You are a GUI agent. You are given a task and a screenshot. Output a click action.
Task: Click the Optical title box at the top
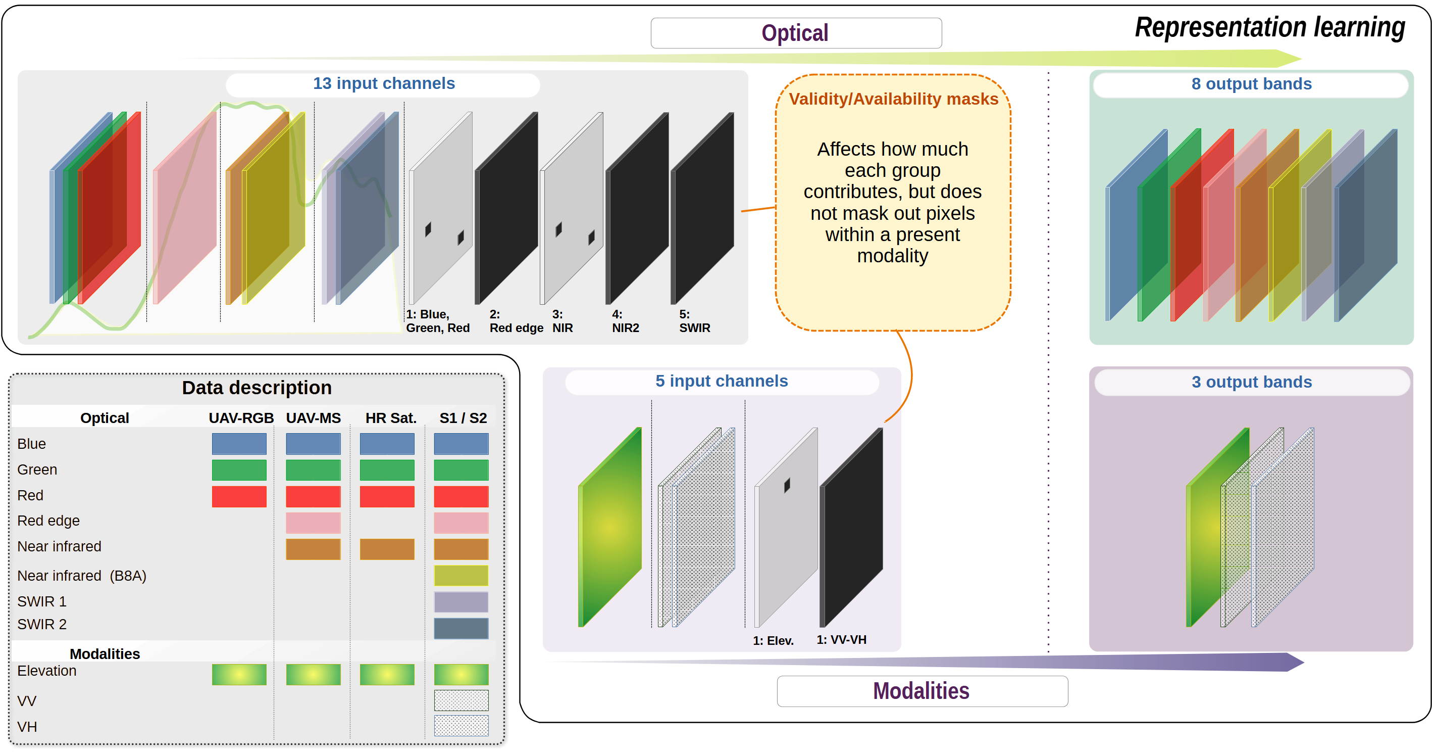(x=796, y=33)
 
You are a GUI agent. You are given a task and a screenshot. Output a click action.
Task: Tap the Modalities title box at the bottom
(x=922, y=691)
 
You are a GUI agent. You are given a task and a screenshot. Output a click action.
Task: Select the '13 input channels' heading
(x=384, y=83)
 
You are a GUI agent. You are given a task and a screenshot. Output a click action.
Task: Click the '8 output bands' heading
(x=1251, y=84)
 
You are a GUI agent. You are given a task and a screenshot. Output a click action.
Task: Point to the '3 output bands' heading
(x=1251, y=382)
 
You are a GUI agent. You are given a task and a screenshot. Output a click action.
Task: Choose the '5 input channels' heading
(x=722, y=381)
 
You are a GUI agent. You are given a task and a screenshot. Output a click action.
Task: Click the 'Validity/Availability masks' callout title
(x=893, y=99)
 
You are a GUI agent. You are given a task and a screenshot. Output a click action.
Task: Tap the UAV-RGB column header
(x=241, y=418)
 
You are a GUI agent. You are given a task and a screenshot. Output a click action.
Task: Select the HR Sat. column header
(x=391, y=418)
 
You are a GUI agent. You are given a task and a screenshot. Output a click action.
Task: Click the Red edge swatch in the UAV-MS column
(x=313, y=523)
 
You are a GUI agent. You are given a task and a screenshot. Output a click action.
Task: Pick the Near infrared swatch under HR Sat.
(x=387, y=549)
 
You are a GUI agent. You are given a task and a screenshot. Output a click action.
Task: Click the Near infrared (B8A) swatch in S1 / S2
(x=462, y=576)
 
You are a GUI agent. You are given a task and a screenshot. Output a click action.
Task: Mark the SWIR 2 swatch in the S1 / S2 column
(x=462, y=629)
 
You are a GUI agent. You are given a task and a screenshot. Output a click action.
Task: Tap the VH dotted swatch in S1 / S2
(x=462, y=726)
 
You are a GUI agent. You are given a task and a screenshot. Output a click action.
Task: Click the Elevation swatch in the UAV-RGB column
(x=239, y=675)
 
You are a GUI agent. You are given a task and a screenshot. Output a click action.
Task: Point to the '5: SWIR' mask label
(x=695, y=321)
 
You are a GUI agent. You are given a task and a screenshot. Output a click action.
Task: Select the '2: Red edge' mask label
(x=517, y=321)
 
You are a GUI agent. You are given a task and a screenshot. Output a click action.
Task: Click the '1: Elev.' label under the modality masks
(x=773, y=641)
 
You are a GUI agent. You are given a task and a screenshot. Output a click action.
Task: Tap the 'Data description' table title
(x=257, y=388)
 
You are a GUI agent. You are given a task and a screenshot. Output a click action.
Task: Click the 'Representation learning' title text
(x=1270, y=28)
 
